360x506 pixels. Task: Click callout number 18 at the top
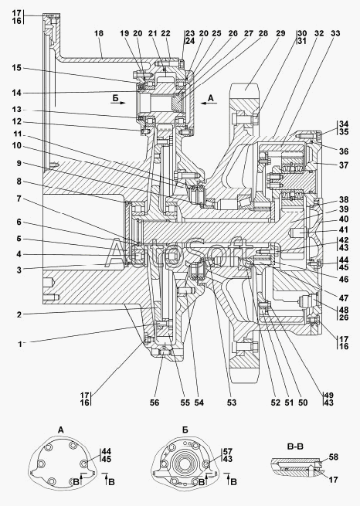tap(99, 33)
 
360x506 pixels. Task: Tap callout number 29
tap(280, 33)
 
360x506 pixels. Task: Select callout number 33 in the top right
tap(335, 33)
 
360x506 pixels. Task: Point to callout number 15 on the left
tap(16, 68)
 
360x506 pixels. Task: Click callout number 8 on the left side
tap(19, 182)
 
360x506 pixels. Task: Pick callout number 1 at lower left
tap(19, 344)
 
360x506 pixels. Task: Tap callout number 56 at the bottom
tap(155, 402)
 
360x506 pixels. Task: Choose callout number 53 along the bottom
tap(232, 402)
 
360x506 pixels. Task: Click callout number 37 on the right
tap(344, 165)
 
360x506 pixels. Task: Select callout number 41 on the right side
tap(344, 229)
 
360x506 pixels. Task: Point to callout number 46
tap(344, 279)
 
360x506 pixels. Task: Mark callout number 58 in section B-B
tap(334, 457)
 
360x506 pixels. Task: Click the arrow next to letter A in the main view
tap(209, 104)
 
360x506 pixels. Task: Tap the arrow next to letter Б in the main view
tap(118, 103)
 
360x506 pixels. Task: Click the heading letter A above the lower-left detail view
tap(61, 430)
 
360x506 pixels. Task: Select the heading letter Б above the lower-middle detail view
tap(185, 430)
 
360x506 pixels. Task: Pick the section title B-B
tap(295, 447)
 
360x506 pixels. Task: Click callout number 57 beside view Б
tap(228, 451)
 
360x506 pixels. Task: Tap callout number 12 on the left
tap(16, 121)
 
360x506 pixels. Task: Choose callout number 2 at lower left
tap(19, 314)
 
